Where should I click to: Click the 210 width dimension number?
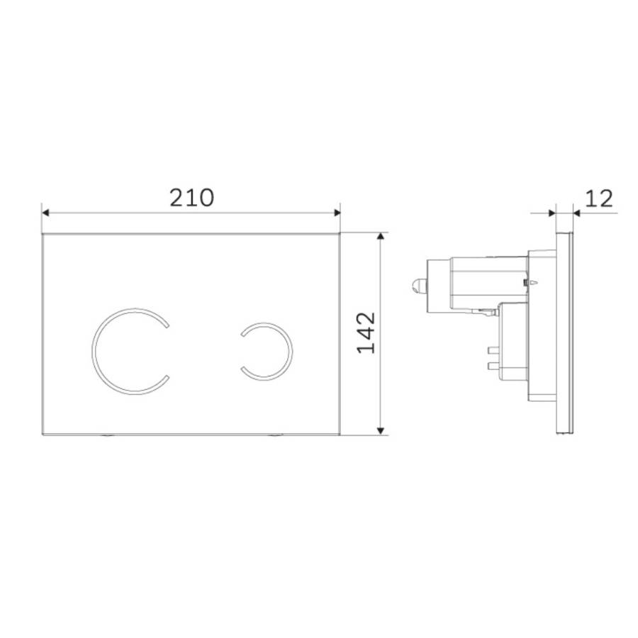[191, 196]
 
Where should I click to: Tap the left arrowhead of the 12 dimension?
[552, 211]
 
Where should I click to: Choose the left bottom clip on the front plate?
[107, 437]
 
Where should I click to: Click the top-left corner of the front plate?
[43, 233]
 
